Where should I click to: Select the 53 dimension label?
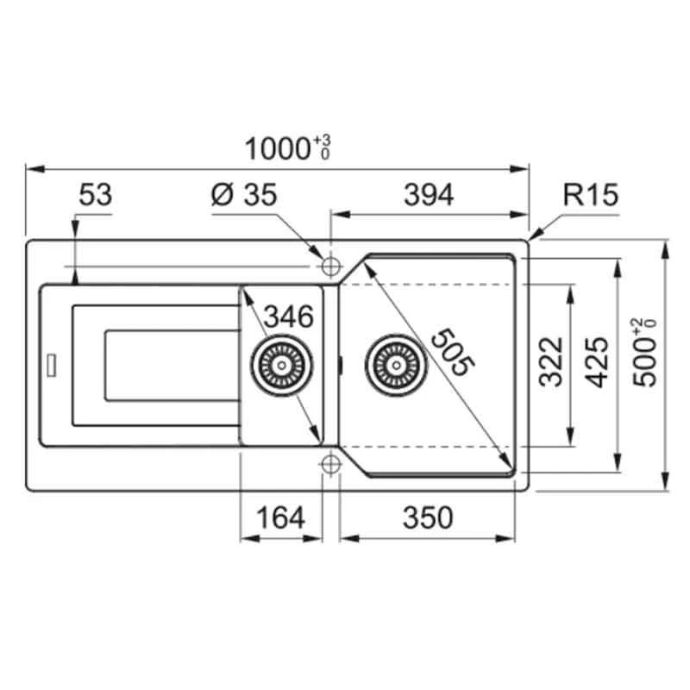[95, 195]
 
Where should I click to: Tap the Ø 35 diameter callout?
[244, 196]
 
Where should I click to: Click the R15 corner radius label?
[591, 196]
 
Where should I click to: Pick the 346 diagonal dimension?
[287, 317]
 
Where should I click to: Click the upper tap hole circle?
[329, 262]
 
